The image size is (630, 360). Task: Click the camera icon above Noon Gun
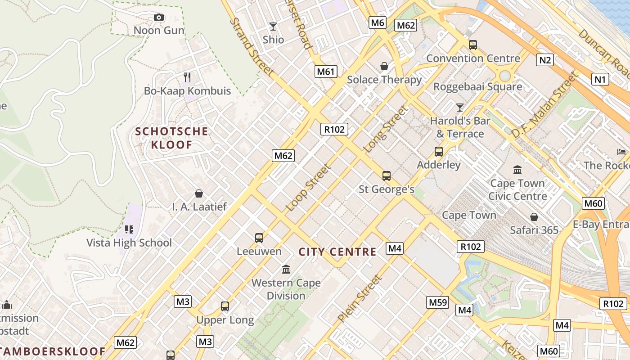[x=158, y=18]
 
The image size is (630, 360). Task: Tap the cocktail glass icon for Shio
[x=273, y=27]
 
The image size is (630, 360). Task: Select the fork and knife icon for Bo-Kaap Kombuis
[x=187, y=77]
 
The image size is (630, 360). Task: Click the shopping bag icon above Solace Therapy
[x=384, y=67]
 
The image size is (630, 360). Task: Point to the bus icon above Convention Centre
[x=473, y=45]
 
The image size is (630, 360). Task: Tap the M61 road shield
[x=326, y=71]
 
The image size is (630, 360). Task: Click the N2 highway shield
[x=544, y=59]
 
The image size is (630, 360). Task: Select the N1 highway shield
[x=600, y=80]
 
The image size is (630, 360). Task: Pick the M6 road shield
[x=377, y=22]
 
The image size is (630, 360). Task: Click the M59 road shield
[x=438, y=302]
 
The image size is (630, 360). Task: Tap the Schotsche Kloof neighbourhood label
[x=172, y=138]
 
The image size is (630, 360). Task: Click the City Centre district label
[x=337, y=252]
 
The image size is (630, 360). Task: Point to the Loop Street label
[x=309, y=188]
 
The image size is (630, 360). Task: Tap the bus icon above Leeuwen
[x=259, y=238]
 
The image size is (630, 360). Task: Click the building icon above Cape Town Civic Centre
[x=517, y=170]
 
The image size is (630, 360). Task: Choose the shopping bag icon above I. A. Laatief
[x=199, y=193]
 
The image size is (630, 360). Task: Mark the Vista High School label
[x=129, y=243]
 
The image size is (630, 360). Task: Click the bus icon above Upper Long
[x=225, y=306]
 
